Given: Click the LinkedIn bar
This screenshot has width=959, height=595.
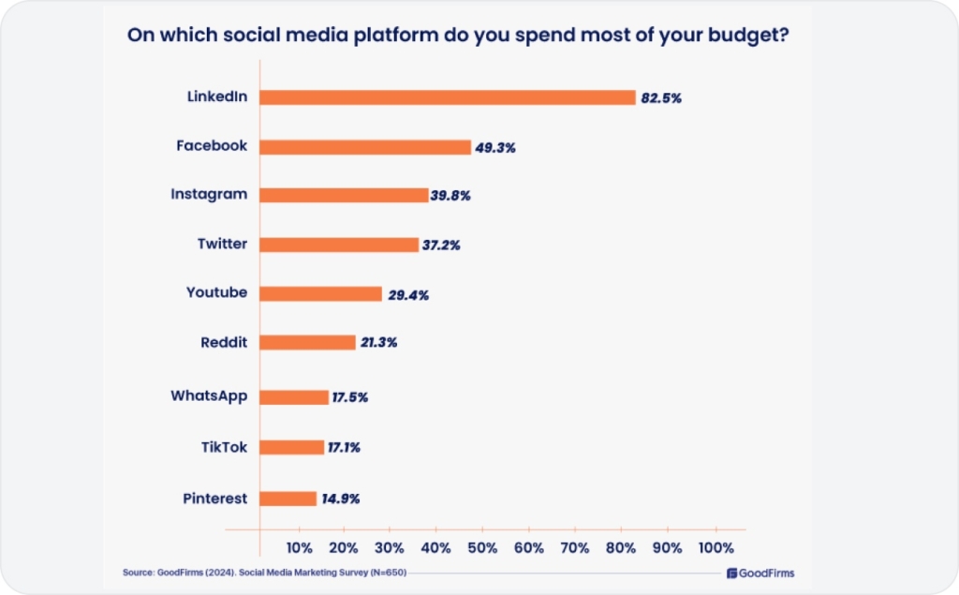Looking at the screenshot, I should point(448,97).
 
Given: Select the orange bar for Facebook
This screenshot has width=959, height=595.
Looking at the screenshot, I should point(365,147).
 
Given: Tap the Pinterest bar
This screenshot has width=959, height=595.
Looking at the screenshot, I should point(288,498).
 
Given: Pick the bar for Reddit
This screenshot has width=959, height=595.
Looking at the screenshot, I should point(308,342).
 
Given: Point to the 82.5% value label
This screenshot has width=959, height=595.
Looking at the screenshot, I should point(661,98).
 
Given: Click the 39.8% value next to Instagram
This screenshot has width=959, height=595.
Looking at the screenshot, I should point(450,196).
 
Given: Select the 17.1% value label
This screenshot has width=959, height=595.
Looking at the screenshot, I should point(343,448).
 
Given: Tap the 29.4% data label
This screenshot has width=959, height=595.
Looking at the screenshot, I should point(408,295).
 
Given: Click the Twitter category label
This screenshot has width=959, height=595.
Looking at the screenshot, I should point(222,244).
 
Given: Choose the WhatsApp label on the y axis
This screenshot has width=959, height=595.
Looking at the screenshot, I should point(209,395).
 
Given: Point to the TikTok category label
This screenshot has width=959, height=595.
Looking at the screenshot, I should point(224,447).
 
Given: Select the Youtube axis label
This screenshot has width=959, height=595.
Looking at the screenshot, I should point(216,292).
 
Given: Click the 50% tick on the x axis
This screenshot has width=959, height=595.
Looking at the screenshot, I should point(482,547).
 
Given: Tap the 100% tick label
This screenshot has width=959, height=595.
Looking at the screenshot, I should point(716,547).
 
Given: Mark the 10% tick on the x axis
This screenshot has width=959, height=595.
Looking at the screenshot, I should point(299,547).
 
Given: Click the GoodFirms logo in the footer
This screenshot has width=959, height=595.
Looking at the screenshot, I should point(760,573).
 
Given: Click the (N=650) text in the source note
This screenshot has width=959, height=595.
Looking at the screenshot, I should point(386,573).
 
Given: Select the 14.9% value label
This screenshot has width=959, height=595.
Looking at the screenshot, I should point(340,498).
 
